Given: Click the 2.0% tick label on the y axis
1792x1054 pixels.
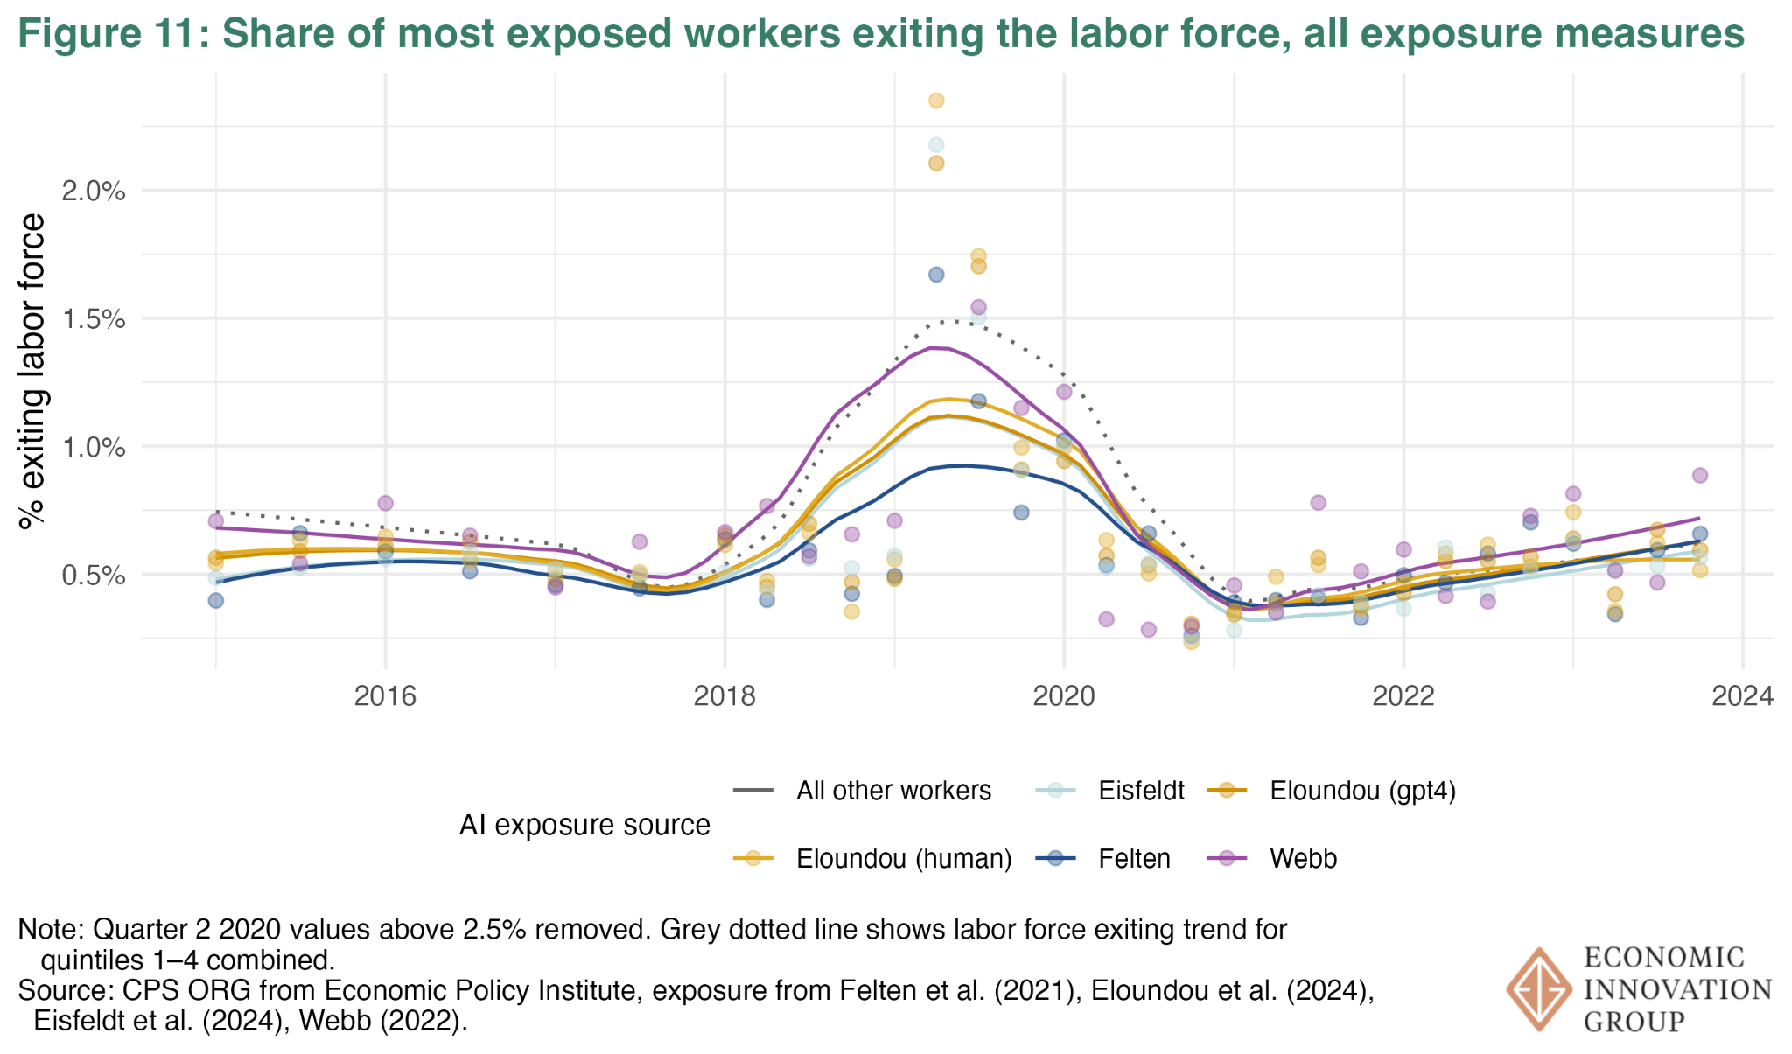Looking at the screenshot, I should [94, 191].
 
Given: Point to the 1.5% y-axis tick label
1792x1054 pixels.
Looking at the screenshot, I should [94, 319].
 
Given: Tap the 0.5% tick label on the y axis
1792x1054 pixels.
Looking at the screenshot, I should [94, 576].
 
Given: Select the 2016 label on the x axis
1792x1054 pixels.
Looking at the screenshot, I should [385, 696].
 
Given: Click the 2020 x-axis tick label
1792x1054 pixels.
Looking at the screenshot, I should [1064, 696].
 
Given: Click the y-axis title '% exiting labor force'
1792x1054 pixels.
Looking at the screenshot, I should [32, 372].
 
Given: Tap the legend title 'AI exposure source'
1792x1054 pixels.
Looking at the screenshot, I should [584, 825].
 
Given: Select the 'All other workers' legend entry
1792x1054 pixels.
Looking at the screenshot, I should [893, 791].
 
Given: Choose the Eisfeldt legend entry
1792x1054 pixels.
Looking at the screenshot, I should [1141, 791].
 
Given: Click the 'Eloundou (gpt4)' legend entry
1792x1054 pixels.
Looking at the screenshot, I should [1362, 791].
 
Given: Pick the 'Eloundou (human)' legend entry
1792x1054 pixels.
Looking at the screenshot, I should [904, 859].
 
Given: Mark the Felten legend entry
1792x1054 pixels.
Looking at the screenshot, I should [1134, 859].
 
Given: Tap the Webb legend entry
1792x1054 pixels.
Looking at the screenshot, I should [1303, 859].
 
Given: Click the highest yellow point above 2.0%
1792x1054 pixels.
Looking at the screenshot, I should [936, 101].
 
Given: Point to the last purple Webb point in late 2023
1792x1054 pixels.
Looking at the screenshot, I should [1700, 475].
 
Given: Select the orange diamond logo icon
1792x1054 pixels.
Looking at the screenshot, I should [1539, 988].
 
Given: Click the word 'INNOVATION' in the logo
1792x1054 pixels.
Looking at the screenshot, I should [1677, 989].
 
